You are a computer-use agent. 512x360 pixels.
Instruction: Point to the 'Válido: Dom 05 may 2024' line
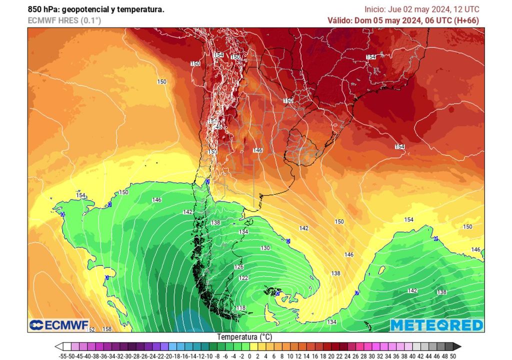click(x=403, y=20)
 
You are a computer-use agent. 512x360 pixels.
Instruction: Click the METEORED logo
click(x=436, y=325)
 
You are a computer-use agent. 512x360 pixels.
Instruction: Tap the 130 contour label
click(x=265, y=248)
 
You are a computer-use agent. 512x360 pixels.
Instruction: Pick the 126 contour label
click(x=239, y=267)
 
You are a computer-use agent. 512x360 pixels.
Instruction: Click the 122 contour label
click(x=243, y=278)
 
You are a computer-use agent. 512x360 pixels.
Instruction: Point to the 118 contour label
click(x=240, y=308)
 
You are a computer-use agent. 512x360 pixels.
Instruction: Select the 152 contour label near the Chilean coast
click(x=212, y=151)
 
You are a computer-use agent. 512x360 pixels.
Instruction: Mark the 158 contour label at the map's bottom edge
click(x=106, y=329)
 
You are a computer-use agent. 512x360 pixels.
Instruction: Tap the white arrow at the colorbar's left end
click(x=58, y=346)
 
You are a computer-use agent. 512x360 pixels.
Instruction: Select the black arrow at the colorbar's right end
click(x=457, y=346)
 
